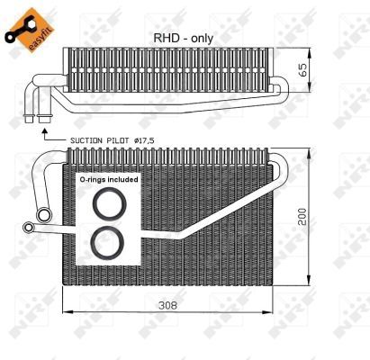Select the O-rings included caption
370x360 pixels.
click(x=108, y=181)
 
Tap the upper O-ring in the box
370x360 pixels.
click(x=108, y=204)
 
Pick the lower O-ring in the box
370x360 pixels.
click(x=108, y=242)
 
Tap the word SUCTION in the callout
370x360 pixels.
click(x=86, y=141)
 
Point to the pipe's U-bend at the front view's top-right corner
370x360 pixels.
click(x=280, y=165)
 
